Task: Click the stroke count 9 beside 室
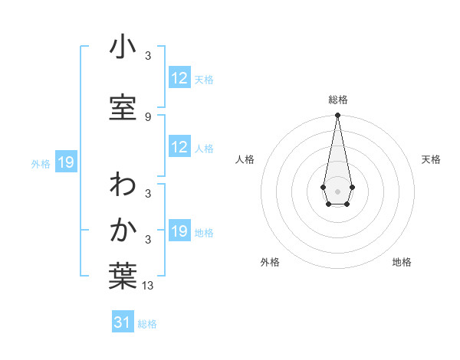148,116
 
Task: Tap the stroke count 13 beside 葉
148,286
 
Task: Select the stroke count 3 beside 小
148,55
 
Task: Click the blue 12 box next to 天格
179,79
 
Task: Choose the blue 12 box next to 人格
179,148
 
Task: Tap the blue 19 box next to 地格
179,232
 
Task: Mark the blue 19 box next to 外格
65,162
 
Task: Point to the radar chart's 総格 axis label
338,100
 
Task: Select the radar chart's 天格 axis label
431,159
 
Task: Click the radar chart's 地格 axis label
402,262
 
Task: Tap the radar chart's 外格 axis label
270,262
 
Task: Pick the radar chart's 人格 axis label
245,159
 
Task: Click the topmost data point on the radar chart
337,115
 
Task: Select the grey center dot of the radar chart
337,190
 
